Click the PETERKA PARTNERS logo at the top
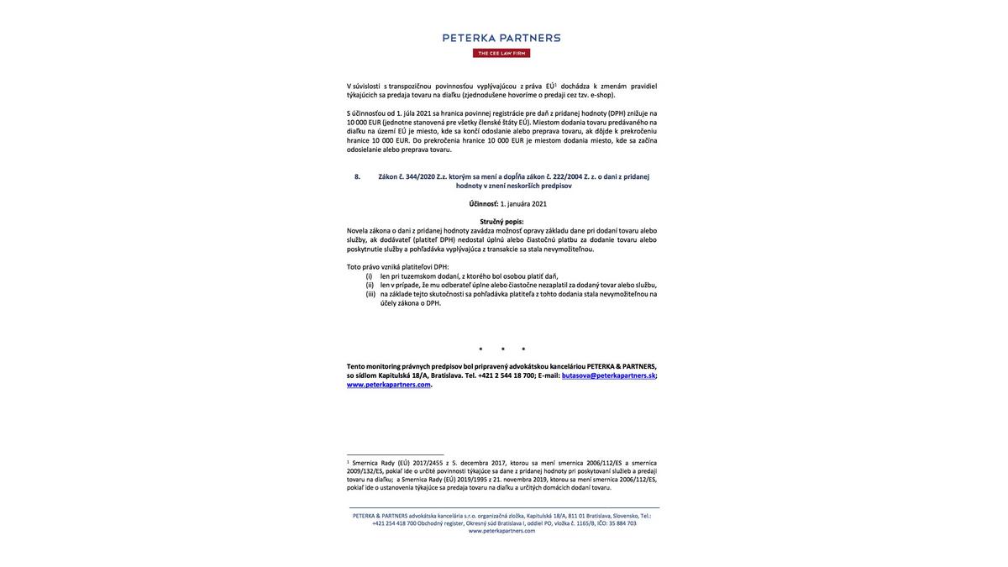tap(501, 38)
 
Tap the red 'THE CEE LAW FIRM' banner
tap(501, 53)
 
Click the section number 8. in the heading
tap(357, 176)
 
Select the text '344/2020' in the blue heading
tap(420, 176)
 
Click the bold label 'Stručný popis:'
tap(501, 222)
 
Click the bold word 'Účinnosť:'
tap(484, 204)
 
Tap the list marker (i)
tap(369, 276)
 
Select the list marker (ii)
tap(370, 286)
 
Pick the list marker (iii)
tap(370, 294)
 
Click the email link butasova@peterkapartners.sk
tap(608, 375)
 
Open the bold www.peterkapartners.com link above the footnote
tap(389, 385)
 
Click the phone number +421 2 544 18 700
tap(507, 375)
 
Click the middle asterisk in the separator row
tap(502, 349)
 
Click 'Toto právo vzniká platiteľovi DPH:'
tap(397, 267)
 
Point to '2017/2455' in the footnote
tap(428, 463)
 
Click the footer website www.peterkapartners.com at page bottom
tap(501, 531)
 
